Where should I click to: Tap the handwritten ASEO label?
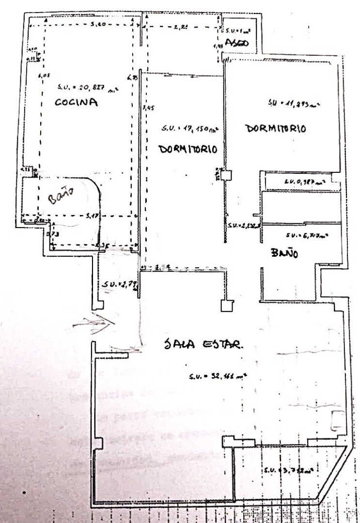coord(237,43)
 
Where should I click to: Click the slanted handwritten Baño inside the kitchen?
coord(63,197)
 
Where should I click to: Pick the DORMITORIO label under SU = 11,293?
coord(276,129)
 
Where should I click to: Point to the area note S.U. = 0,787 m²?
coord(304,182)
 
